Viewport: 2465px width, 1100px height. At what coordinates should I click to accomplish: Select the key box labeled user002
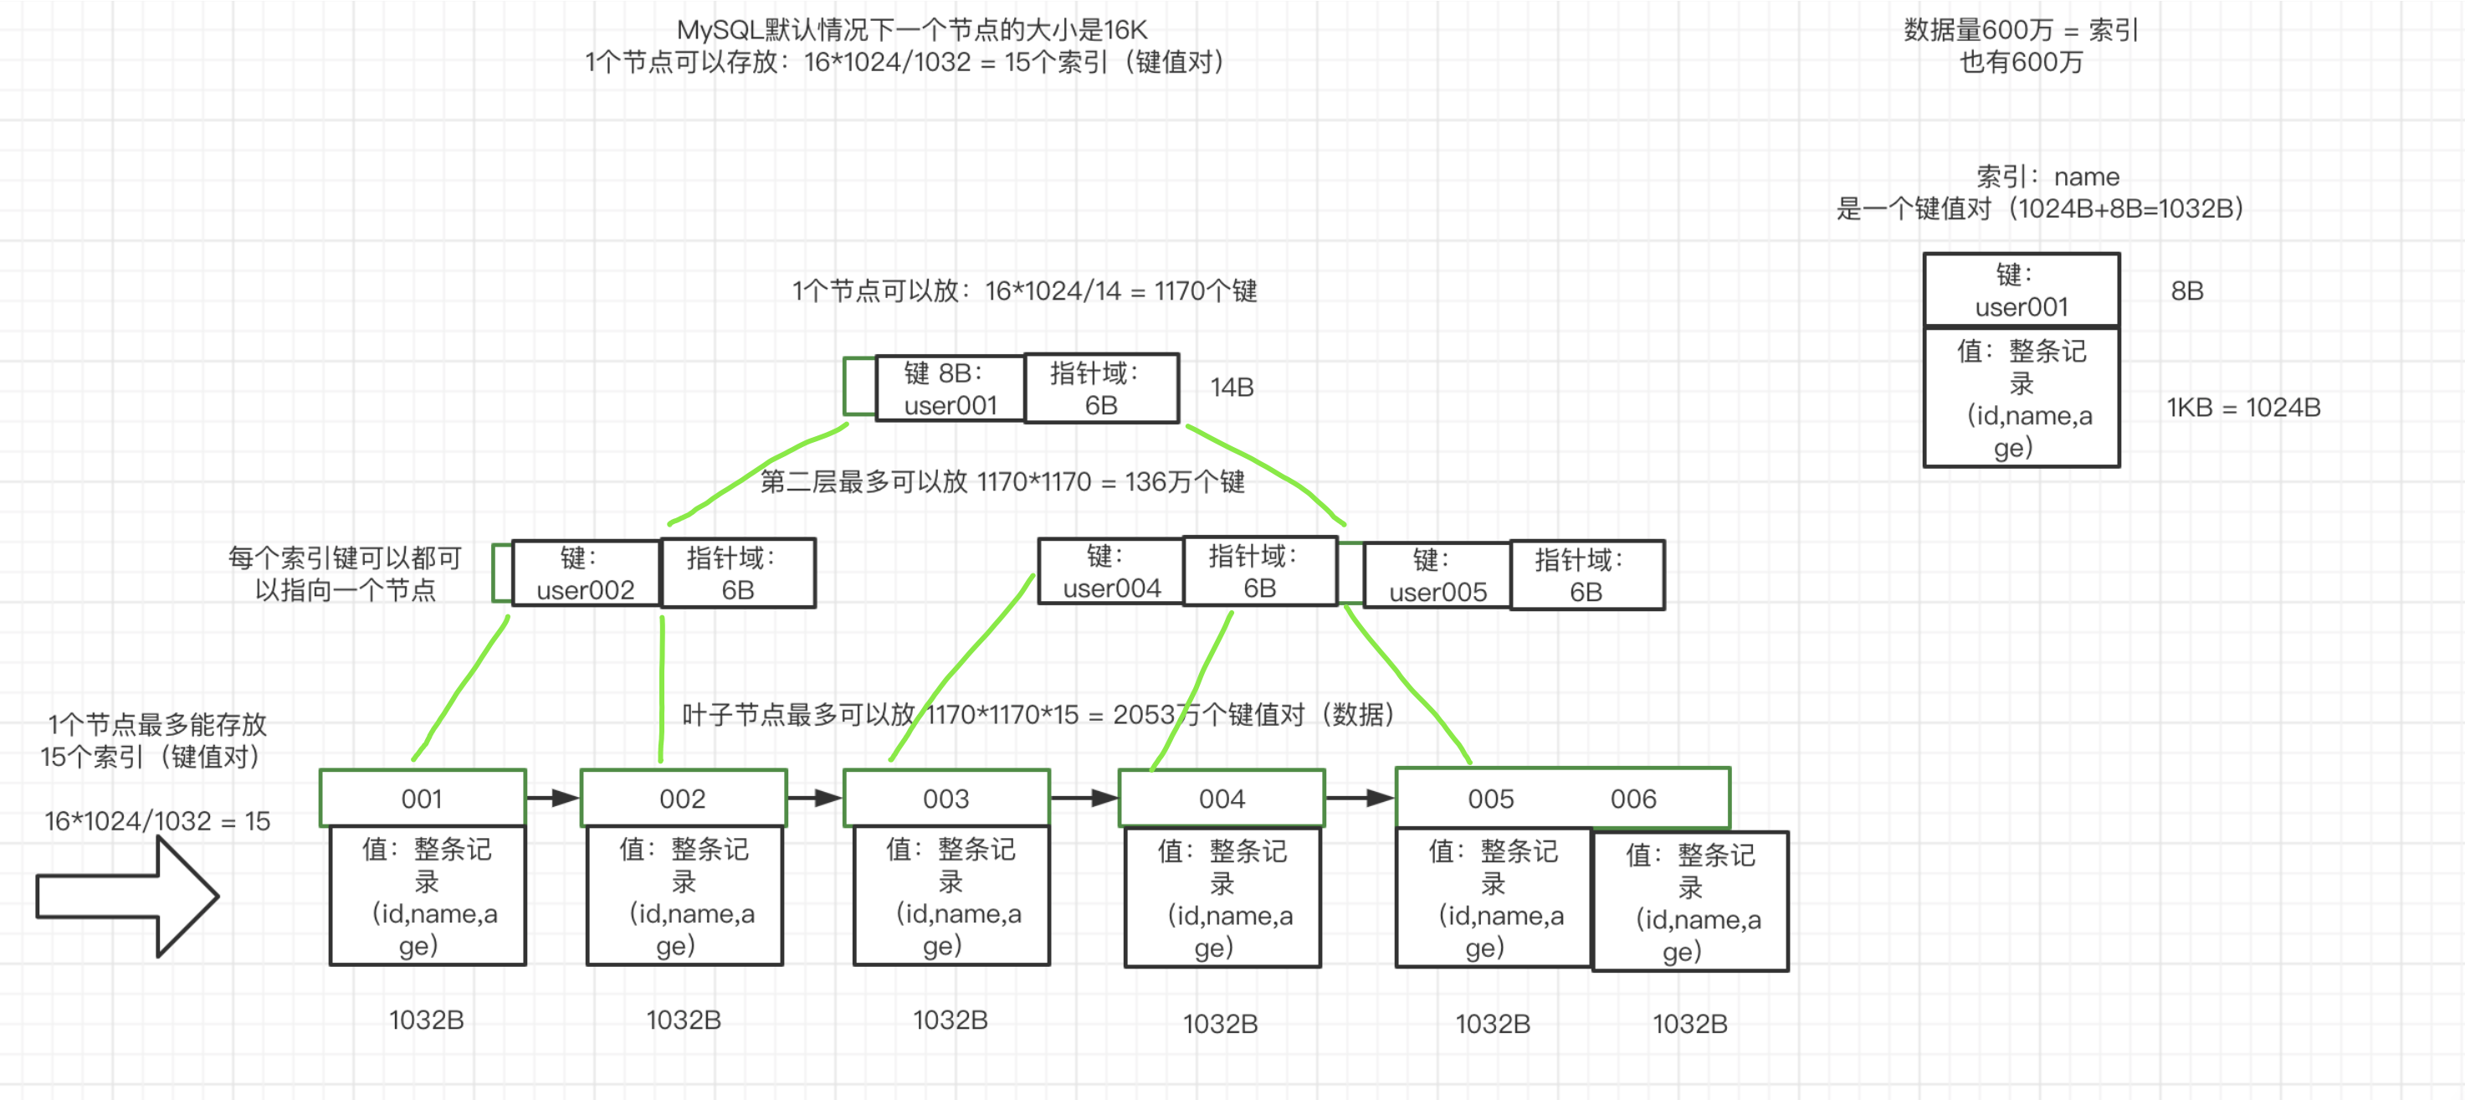click(585, 573)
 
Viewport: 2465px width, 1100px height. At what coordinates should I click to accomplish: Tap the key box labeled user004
click(1110, 572)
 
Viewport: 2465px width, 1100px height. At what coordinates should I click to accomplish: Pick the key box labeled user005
click(1437, 575)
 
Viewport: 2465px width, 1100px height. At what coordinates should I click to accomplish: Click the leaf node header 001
click(422, 799)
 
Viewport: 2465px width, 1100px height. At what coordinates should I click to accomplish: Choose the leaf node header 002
click(682, 799)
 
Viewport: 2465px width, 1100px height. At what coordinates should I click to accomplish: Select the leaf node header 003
click(946, 799)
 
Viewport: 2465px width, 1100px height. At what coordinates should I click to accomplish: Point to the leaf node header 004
click(1221, 799)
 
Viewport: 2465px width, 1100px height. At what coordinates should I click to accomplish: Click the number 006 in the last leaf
click(1632, 799)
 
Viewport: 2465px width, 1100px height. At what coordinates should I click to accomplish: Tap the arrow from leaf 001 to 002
click(553, 798)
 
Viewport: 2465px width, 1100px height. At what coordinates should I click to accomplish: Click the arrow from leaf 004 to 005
click(1360, 798)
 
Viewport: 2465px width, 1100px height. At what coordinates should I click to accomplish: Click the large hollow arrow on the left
click(127, 896)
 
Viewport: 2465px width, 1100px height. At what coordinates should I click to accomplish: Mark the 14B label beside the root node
click(1232, 387)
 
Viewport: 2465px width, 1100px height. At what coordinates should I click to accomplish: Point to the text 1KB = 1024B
click(2243, 407)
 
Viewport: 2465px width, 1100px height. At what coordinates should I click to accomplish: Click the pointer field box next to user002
click(738, 573)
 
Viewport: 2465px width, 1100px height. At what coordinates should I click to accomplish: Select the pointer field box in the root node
click(1100, 388)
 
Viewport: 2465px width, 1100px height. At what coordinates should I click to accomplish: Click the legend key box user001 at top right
click(2021, 290)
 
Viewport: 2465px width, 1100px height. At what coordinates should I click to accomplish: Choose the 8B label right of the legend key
click(2186, 290)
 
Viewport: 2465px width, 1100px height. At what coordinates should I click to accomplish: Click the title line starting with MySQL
click(911, 29)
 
